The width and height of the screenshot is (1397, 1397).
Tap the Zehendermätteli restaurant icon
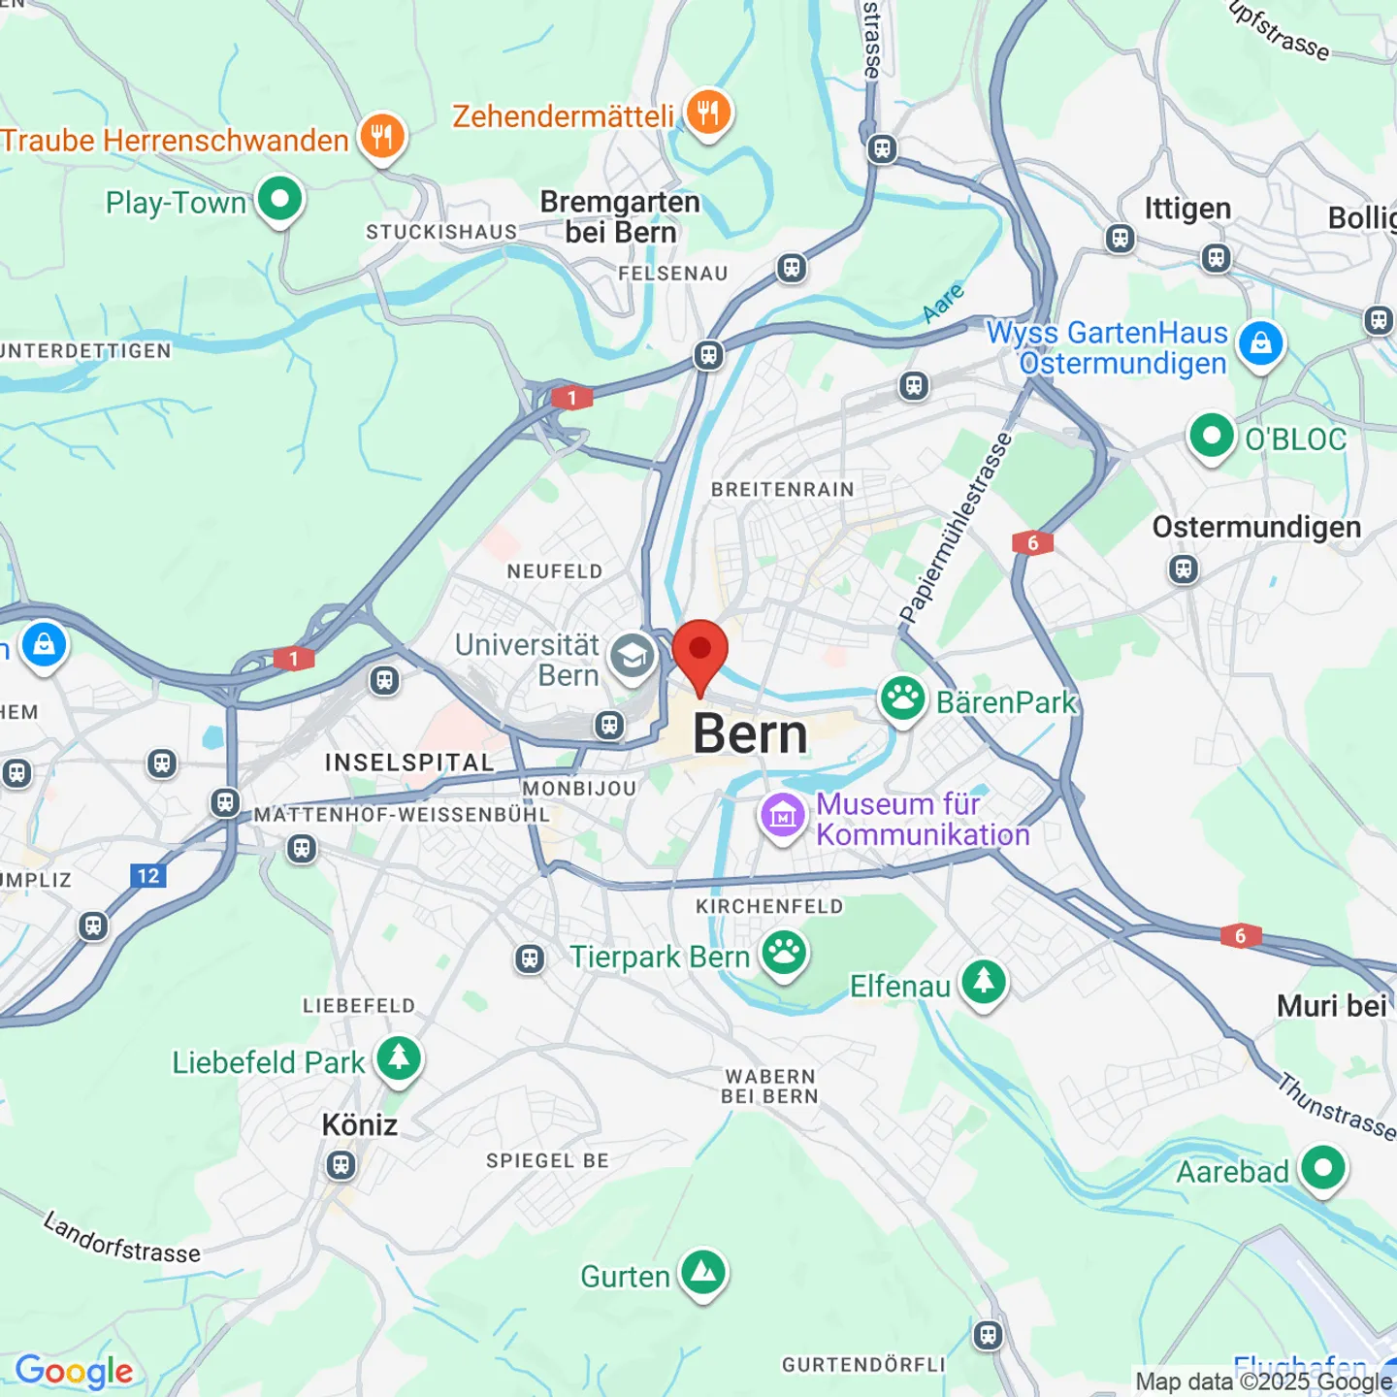[x=709, y=114]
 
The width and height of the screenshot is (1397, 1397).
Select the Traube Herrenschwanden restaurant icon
[x=382, y=137]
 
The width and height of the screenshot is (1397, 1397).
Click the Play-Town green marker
[x=279, y=200]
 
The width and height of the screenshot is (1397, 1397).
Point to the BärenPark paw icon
[x=902, y=698]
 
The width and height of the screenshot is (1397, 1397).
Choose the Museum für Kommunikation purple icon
[x=782, y=816]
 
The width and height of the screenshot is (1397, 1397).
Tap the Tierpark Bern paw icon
[x=784, y=954]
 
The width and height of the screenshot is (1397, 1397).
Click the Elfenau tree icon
[x=984, y=982]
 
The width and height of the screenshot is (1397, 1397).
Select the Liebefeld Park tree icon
[x=399, y=1058]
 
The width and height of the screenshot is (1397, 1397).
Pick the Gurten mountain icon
[x=703, y=1272]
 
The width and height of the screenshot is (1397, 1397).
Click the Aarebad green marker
[x=1323, y=1168]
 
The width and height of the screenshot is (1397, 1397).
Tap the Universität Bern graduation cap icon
[x=632, y=657]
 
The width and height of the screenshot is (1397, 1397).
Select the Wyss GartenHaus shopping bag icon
[x=1260, y=343]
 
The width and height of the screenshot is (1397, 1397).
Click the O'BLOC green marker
[x=1212, y=436]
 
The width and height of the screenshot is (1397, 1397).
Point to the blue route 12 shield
[x=148, y=876]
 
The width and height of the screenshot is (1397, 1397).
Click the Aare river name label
[x=943, y=303]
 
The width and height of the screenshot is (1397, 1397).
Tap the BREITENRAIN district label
[x=782, y=490]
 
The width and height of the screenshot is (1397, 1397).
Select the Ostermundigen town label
[x=1256, y=527]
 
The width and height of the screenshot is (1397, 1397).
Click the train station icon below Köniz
[x=341, y=1164]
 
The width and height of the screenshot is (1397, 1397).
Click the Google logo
[x=75, y=1371]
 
